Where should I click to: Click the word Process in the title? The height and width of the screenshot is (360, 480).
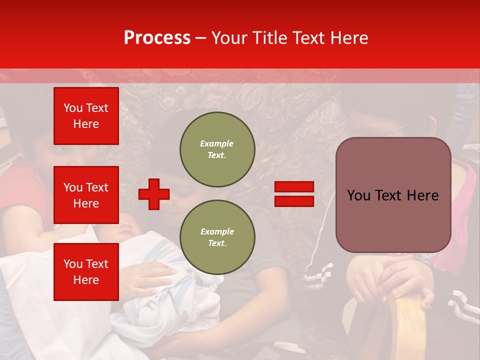click(157, 38)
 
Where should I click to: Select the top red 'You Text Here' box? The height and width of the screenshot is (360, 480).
click(86, 116)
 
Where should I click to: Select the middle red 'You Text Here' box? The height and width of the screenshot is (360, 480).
click(86, 195)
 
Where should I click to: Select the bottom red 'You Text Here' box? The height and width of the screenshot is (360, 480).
click(86, 271)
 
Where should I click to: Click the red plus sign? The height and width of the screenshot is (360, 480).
click(154, 194)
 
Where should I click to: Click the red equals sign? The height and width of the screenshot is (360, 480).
click(294, 194)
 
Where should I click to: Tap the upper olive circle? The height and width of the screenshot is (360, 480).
click(217, 149)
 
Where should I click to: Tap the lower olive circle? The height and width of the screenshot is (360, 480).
click(217, 237)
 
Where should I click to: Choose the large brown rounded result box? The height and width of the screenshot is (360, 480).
click(393, 195)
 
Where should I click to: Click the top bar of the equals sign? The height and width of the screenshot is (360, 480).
click(294, 187)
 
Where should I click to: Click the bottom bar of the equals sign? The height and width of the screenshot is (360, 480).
click(294, 201)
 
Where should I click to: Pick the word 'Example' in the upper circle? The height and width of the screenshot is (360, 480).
click(217, 143)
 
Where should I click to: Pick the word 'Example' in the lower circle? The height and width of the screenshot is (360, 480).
click(217, 231)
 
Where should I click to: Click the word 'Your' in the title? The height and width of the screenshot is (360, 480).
click(229, 38)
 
